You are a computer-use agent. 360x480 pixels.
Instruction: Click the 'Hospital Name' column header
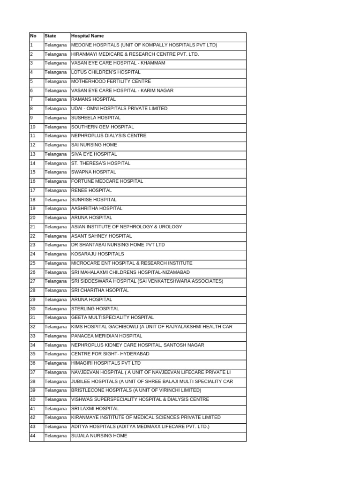88,36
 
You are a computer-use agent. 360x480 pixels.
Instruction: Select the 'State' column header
50,36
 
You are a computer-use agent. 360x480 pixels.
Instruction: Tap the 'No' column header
33,36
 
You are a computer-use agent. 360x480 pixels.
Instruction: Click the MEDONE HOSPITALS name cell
144,45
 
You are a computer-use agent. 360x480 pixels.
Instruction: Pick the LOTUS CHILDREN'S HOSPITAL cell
105,72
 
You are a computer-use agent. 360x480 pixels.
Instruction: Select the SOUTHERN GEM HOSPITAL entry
102,127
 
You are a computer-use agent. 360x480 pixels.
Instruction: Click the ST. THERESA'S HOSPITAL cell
101,163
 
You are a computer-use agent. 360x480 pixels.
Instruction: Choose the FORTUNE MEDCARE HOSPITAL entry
107,181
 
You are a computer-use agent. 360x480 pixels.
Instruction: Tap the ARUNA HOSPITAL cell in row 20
91,217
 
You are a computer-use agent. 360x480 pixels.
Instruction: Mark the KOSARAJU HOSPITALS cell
97,254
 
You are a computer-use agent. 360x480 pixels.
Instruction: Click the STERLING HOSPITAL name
95,308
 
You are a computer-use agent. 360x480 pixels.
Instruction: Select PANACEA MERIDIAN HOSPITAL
106,336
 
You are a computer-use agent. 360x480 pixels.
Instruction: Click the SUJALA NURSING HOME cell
99,435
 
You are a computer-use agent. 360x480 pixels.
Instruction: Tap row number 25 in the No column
33,263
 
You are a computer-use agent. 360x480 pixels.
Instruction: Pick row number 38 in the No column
33,381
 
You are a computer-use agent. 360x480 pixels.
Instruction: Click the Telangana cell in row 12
56,145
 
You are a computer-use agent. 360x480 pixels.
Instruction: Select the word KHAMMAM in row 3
153,63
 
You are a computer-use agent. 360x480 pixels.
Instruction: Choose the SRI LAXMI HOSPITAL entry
95,408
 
